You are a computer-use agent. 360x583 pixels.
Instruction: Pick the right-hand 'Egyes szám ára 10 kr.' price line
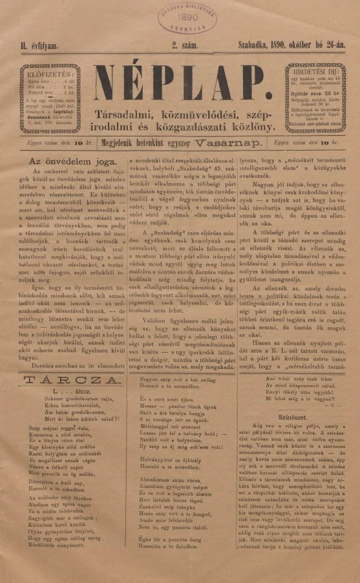[x=304, y=142]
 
